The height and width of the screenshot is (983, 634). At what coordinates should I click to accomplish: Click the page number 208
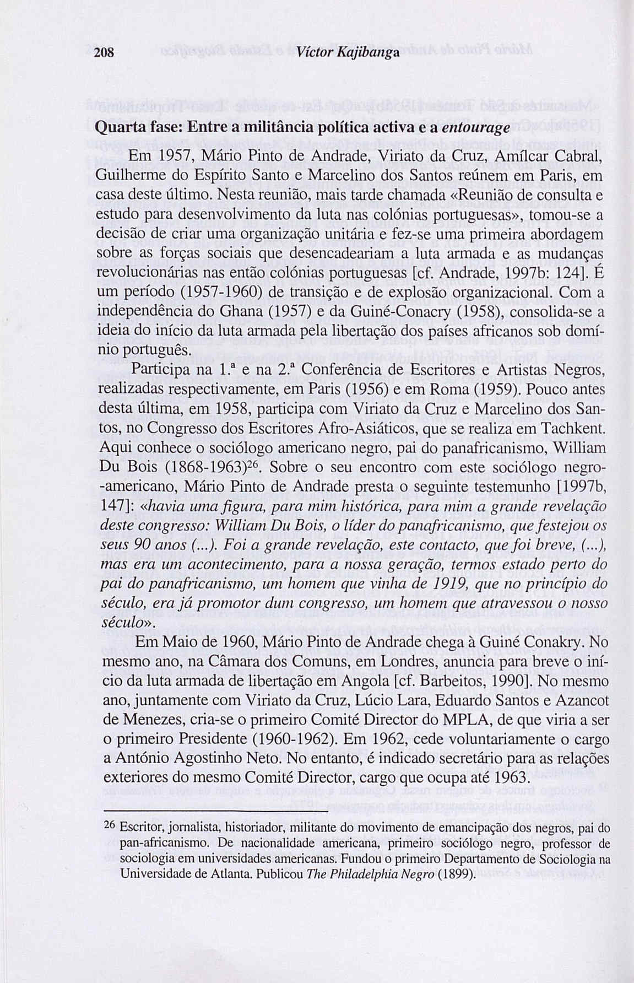104,53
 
